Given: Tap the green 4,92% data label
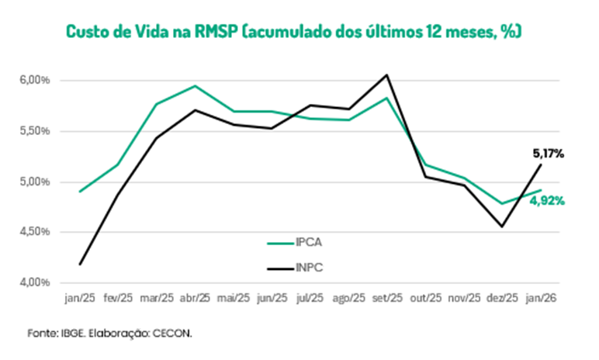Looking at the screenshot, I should pyautogui.click(x=547, y=201).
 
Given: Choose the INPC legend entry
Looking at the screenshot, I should pyautogui.click(x=309, y=268).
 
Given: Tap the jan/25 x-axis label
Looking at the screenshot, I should pyautogui.click(x=80, y=297).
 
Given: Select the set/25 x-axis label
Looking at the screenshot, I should pyautogui.click(x=386, y=297).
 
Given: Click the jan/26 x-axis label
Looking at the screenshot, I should pyautogui.click(x=541, y=297).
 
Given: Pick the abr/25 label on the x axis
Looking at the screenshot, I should pyautogui.click(x=195, y=297).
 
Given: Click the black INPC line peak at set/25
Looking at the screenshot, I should pyautogui.click(x=386, y=74).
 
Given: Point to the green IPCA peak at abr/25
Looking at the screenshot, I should pyautogui.click(x=195, y=86).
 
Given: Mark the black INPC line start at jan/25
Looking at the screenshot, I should pyautogui.click(x=80, y=265).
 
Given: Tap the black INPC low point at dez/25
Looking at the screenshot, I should pyautogui.click(x=502, y=227).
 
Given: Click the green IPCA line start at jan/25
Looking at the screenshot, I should pyautogui.click(x=80, y=191).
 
